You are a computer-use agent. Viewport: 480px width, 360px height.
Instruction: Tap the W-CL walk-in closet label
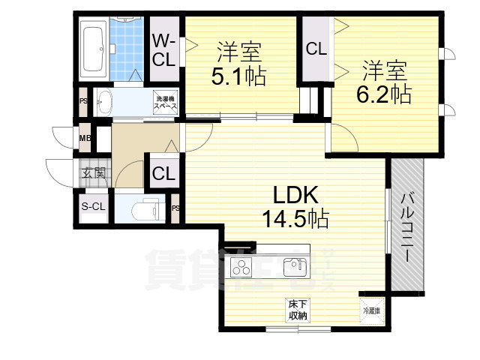pos(165,51)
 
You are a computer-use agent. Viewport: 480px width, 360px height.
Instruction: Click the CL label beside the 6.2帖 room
pos(316,49)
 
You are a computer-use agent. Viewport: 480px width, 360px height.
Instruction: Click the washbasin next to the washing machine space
pos(105,103)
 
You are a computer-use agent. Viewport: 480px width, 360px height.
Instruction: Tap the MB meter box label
pos(85,138)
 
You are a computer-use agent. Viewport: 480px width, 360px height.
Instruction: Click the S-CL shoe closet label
pos(93,207)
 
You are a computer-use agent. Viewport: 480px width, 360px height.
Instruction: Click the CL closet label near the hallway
pos(163,174)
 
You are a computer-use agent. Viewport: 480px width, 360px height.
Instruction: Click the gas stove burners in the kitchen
pos(244,266)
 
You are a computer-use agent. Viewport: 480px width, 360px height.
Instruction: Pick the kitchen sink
pos(293,266)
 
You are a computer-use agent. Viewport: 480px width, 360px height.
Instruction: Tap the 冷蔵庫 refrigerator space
pos(371,308)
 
